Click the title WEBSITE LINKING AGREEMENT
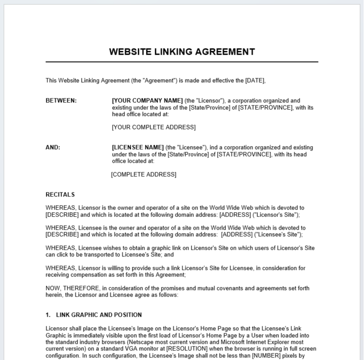pyautogui.click(x=182, y=52)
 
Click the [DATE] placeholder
pyautogui.click(x=255, y=80)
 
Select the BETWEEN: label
pyautogui.click(x=61, y=101)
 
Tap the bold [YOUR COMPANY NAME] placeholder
pyautogui.click(x=147, y=101)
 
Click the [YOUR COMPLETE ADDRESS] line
pyautogui.click(x=154, y=127)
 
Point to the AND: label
pyautogui.click(x=53, y=147)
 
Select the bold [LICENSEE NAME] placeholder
pyautogui.click(x=138, y=147)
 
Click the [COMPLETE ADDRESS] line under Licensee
pyautogui.click(x=144, y=175)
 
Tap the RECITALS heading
pyautogui.click(x=60, y=195)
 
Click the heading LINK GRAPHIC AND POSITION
pyautogui.click(x=99, y=315)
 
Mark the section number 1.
pyautogui.click(x=48, y=315)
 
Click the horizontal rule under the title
pyautogui.click(x=182, y=62)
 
